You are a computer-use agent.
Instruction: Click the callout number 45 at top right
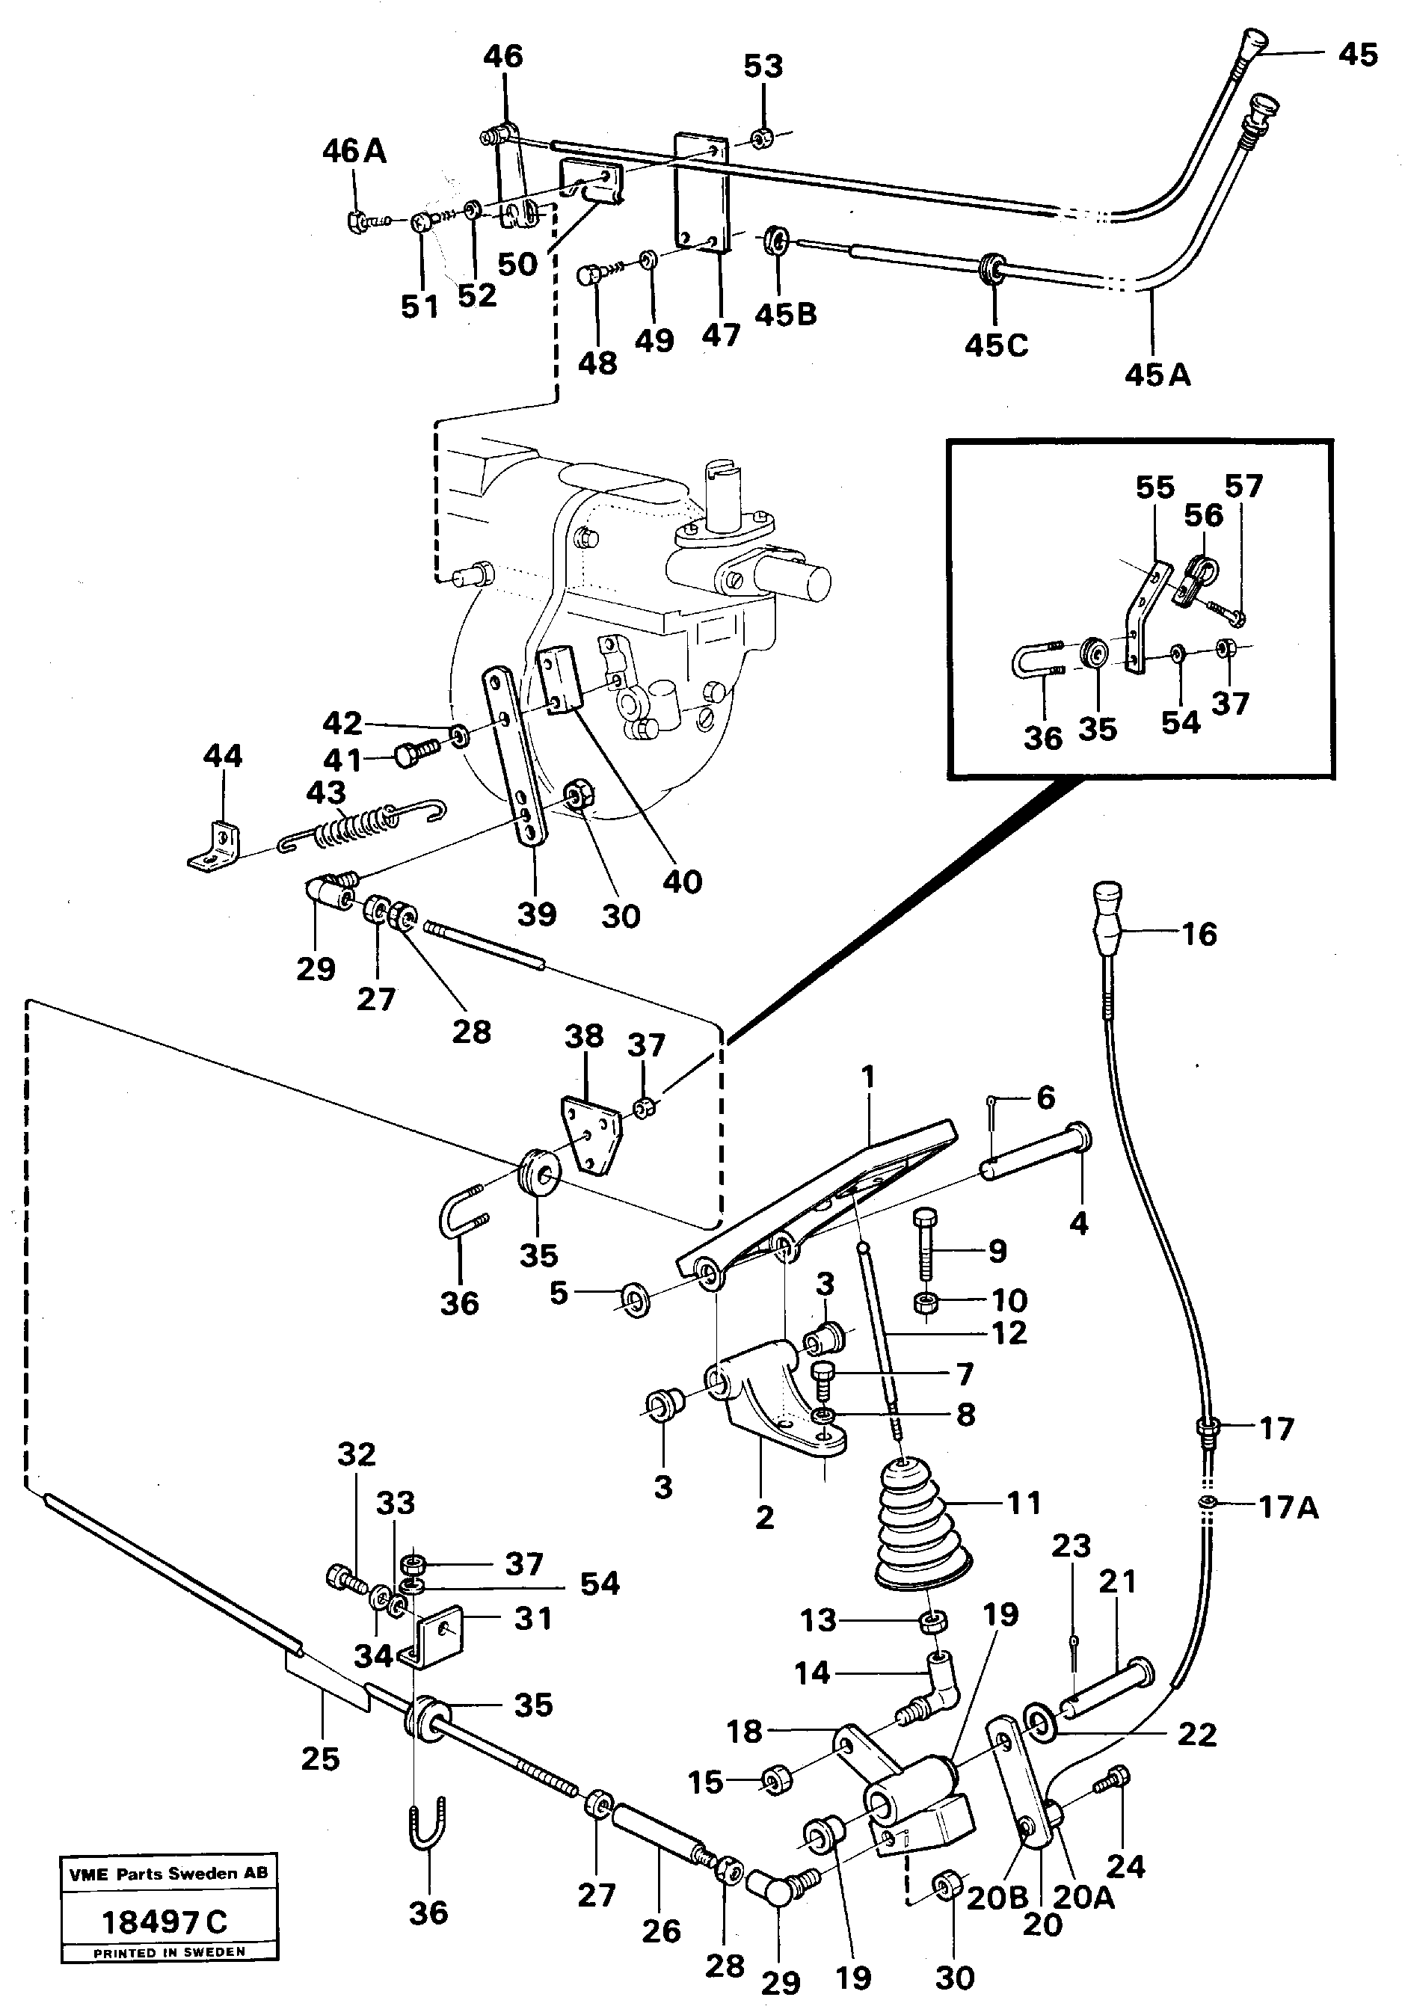(x=1356, y=55)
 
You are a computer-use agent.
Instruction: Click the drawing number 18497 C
(x=165, y=1923)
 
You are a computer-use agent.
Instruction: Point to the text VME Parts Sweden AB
(x=168, y=1874)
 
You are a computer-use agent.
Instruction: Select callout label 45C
(x=996, y=345)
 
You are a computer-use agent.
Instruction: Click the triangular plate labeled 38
(x=591, y=1135)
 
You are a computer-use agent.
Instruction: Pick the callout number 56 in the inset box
(x=1202, y=515)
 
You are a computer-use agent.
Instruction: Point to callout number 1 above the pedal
(x=868, y=1078)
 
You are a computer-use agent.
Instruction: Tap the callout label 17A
(x=1288, y=1507)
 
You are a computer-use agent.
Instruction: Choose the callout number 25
(x=319, y=1759)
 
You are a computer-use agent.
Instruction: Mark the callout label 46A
(x=354, y=150)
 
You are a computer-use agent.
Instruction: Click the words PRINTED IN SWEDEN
(x=169, y=1952)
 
